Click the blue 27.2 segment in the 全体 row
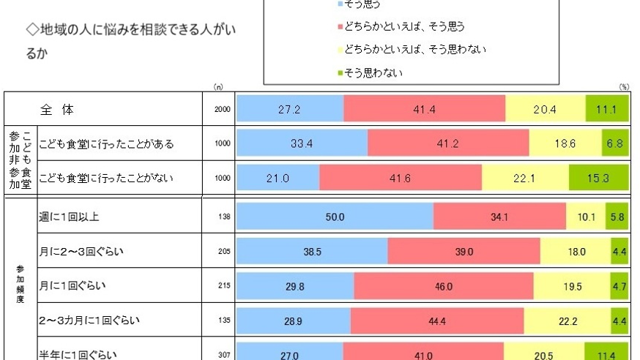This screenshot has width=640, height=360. coord(290,108)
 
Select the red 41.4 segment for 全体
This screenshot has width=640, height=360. coord(425,108)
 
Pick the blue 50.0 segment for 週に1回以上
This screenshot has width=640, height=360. coord(335,217)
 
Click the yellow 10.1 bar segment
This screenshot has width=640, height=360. coord(586,217)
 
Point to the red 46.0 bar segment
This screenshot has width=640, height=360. coord(444,287)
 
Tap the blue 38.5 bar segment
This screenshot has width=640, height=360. coord(313,252)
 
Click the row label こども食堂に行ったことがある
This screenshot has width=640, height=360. coord(105,143)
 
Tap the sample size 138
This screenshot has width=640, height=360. coord(224,217)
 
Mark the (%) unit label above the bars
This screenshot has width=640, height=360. coord(624,87)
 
